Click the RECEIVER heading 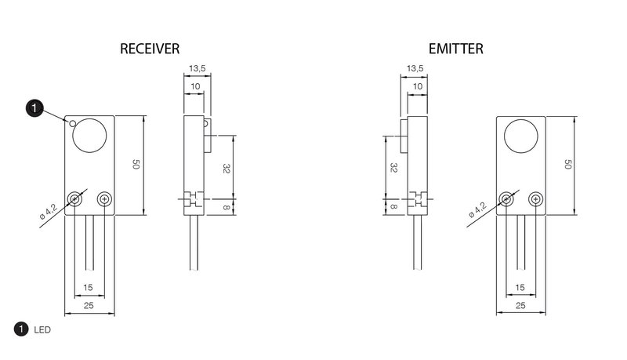150,49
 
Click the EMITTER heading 456,49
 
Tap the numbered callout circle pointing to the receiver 34,108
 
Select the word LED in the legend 42,330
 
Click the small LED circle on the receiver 72,123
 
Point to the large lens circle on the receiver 89,135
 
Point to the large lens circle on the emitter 521,136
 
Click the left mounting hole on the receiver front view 74,198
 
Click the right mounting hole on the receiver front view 104,198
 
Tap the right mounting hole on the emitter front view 535,198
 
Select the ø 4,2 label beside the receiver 49,212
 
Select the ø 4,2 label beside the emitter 477,210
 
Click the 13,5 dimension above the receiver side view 198,68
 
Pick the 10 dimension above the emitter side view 418,86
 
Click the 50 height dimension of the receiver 136,165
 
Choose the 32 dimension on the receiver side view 226,169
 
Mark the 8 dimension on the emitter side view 393,207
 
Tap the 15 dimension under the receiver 88,287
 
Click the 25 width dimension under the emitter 520,306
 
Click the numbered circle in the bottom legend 21,329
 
